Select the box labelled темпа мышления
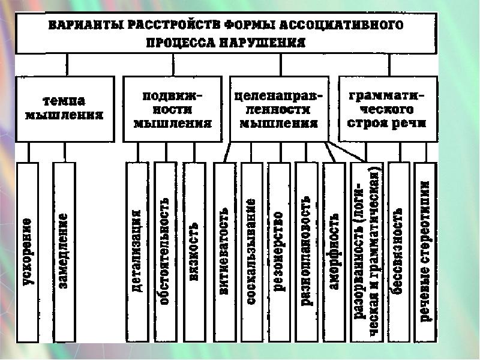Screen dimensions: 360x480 point(64,108)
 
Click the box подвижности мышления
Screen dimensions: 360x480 point(172,109)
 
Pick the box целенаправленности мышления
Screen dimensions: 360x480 point(279,109)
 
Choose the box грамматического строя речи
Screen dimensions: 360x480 point(388,109)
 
